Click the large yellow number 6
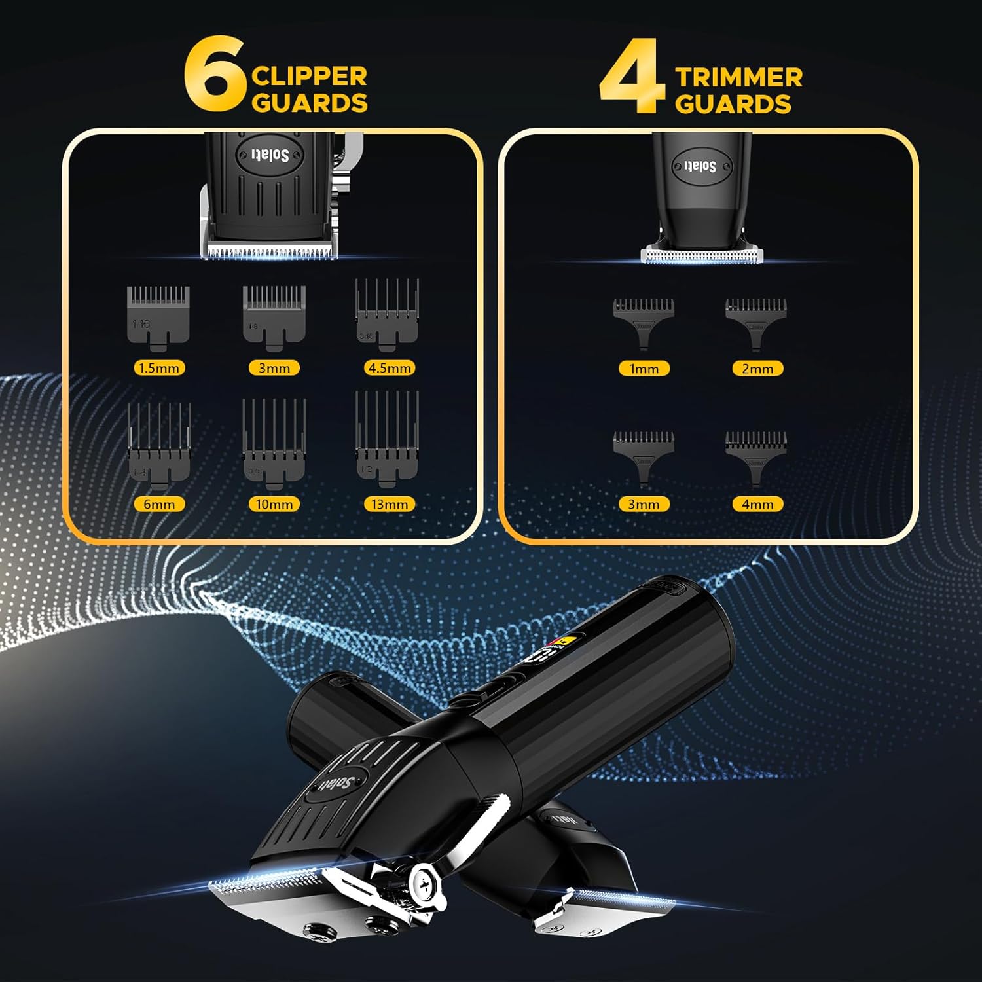pyautogui.click(x=215, y=75)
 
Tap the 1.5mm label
pyautogui.click(x=160, y=368)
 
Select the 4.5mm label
pyautogui.click(x=390, y=368)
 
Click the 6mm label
pyautogui.click(x=159, y=504)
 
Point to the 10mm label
pyautogui.click(x=274, y=504)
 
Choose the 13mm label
pyautogui.click(x=390, y=504)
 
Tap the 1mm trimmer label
pyautogui.click(x=644, y=369)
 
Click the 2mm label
pyautogui.click(x=757, y=369)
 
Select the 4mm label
pyautogui.click(x=757, y=504)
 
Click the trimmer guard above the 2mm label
pyautogui.click(x=756, y=321)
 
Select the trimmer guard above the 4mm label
pyautogui.click(x=756, y=454)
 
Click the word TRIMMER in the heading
pyautogui.click(x=738, y=77)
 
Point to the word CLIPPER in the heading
pyautogui.click(x=309, y=76)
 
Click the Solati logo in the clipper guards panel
pyautogui.click(x=270, y=155)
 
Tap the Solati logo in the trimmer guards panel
pyautogui.click(x=700, y=166)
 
